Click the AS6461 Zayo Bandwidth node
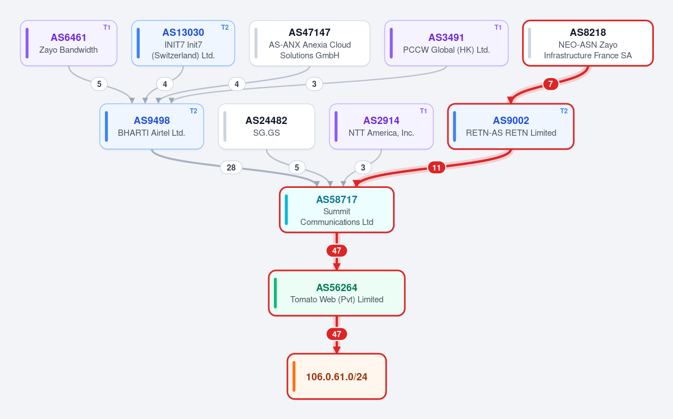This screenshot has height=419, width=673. pyautogui.click(x=68, y=43)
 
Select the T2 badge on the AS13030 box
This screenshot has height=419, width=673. pyautogui.click(x=225, y=27)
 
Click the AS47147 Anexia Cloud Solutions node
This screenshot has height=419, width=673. pyautogui.click(x=309, y=43)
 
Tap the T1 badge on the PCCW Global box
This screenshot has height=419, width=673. pyautogui.click(x=498, y=27)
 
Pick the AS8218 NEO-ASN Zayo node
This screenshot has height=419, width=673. pyautogui.click(x=588, y=43)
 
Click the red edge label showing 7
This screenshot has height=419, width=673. pyautogui.click(x=551, y=84)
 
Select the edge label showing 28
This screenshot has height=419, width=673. pyautogui.click(x=231, y=167)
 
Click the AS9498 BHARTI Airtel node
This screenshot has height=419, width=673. pyautogui.click(x=152, y=127)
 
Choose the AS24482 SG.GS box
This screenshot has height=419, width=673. pyautogui.click(x=267, y=127)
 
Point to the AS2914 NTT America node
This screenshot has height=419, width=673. pyautogui.click(x=381, y=127)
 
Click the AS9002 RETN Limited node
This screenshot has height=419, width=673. pyautogui.click(x=511, y=127)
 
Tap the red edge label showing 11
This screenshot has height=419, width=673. pyautogui.click(x=437, y=167)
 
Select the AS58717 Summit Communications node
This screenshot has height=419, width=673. pyautogui.click(x=337, y=210)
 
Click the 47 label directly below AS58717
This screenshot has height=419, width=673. pyautogui.click(x=337, y=251)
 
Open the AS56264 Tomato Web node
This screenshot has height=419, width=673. pyautogui.click(x=337, y=293)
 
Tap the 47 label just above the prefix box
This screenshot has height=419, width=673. pyautogui.click(x=337, y=334)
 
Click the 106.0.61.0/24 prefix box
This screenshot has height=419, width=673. pyautogui.click(x=337, y=376)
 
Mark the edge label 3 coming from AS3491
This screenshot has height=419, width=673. pyautogui.click(x=314, y=84)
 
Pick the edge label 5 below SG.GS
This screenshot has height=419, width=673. pyautogui.click(x=296, y=167)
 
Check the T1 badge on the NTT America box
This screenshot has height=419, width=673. pyautogui.click(x=423, y=111)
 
